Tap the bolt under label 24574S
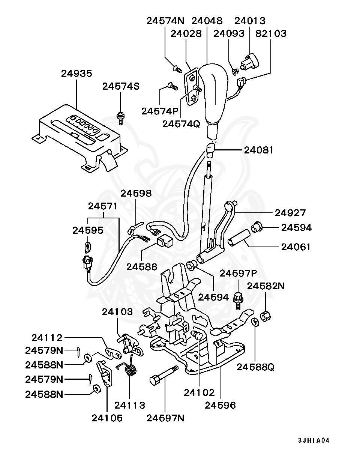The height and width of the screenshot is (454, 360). [x=120, y=118]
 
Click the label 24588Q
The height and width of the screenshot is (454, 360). [x=255, y=367]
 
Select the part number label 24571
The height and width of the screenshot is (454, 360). [x=103, y=206]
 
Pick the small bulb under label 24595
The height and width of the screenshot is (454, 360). [x=87, y=247]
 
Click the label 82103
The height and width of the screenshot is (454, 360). [x=271, y=33]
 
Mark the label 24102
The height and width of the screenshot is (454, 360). [x=199, y=392]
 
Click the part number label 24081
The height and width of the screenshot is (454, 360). [x=259, y=150]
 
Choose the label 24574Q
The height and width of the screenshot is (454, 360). [x=181, y=123]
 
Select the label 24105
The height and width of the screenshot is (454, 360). [x=107, y=418]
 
